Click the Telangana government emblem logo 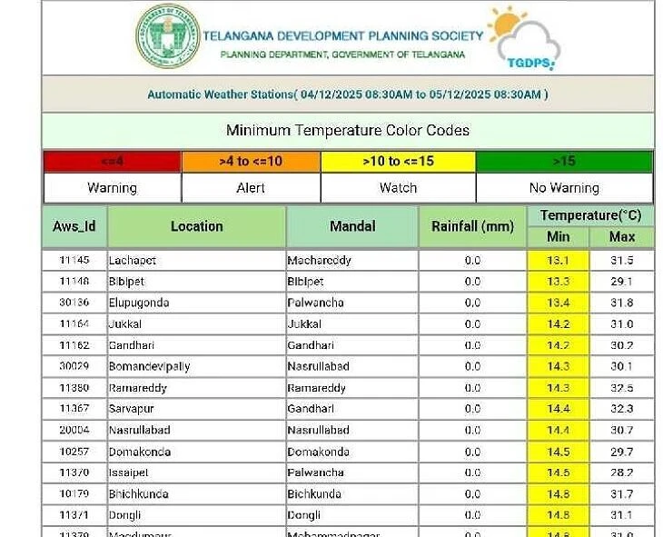tap(167, 35)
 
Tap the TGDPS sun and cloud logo tap(523, 38)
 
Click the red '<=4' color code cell tap(112, 162)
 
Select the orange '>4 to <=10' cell tap(251, 162)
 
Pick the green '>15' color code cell tap(564, 162)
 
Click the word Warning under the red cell tap(112, 188)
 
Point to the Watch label tap(398, 188)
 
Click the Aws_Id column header tap(74, 226)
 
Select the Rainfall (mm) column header tap(472, 226)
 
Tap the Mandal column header tap(352, 226)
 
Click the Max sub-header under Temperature tap(622, 237)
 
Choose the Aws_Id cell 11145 tap(74, 260)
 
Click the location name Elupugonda tap(139, 303)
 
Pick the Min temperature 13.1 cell tap(559, 260)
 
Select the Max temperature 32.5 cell tap(622, 388)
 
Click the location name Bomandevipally tap(149, 366)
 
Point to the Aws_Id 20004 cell tap(74, 430)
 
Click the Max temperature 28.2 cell tap(622, 472)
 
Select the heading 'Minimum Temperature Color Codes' tap(348, 131)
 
